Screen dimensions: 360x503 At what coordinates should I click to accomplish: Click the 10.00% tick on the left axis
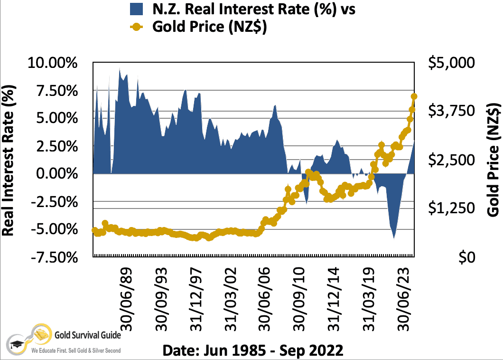[x=52, y=63]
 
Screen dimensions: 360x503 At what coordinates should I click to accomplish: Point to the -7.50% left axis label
[x=52, y=257]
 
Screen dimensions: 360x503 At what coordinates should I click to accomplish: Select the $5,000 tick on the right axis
[x=451, y=63]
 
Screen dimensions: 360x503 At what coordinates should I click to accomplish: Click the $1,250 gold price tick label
[x=451, y=208]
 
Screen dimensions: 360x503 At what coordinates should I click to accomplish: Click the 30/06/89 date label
[x=127, y=297]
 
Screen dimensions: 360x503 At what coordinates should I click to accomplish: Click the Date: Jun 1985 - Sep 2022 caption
[x=252, y=351]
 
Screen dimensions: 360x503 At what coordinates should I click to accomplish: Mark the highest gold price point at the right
[x=414, y=96]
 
